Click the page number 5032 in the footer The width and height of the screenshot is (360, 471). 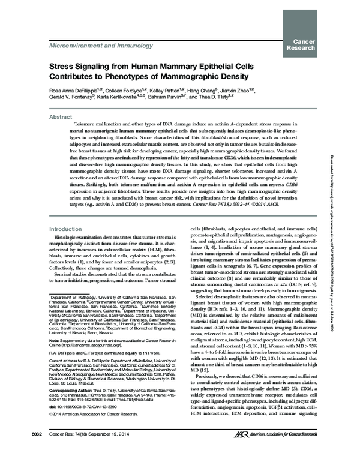(28, 451)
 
